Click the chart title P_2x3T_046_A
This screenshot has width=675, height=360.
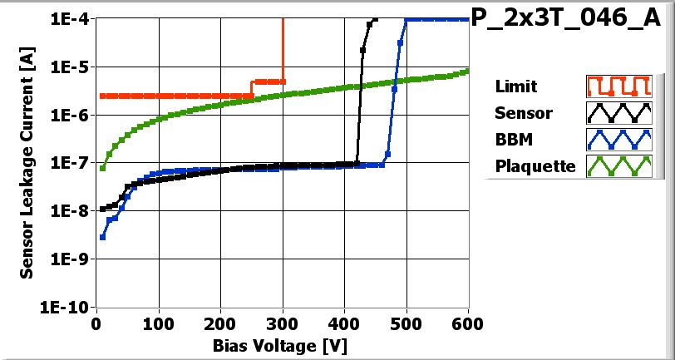(571, 20)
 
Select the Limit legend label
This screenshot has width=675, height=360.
(515, 86)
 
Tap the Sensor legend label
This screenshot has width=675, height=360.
(523, 112)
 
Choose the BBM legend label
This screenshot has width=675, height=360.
(514, 139)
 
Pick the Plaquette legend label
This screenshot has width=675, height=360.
(535, 165)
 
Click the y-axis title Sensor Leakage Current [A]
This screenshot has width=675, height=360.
(27, 163)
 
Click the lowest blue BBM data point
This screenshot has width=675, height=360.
(102, 237)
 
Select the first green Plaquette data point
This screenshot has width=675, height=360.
(102, 168)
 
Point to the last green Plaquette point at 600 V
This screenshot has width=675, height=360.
(468, 71)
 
